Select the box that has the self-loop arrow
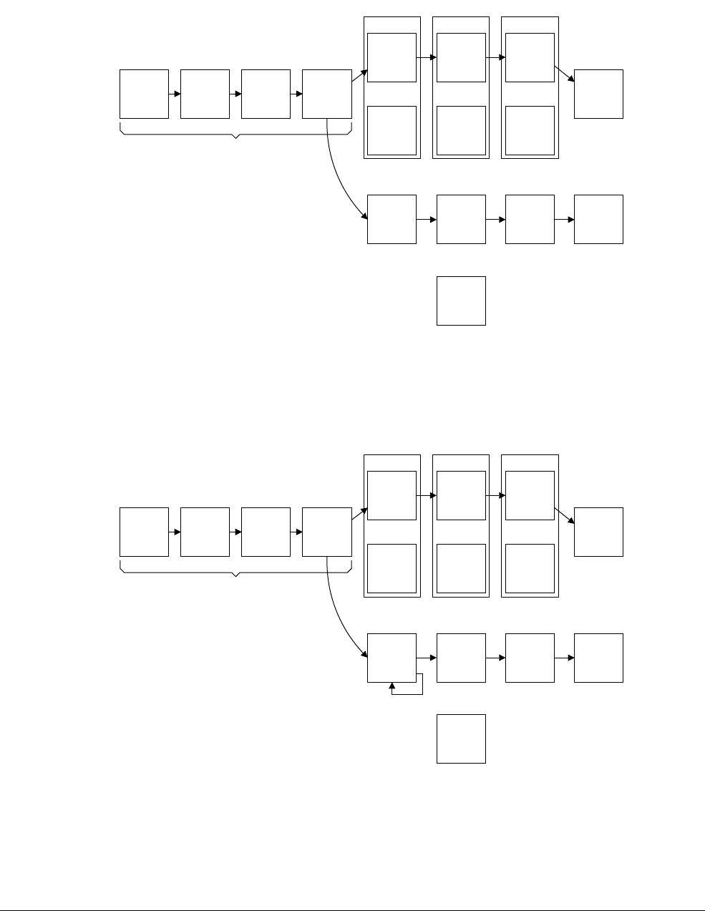click(392, 658)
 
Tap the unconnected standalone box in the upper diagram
click(461, 301)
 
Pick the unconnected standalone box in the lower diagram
click(461, 739)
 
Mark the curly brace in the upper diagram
click(236, 133)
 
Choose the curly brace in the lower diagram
click(236, 571)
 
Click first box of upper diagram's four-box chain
click(144, 94)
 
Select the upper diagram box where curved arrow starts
click(327, 94)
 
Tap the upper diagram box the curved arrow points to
click(392, 219)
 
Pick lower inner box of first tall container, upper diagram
click(392, 130)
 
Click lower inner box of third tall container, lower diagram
click(530, 568)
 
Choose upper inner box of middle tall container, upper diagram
click(461, 57)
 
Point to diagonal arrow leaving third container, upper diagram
click(564, 74)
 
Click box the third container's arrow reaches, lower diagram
click(598, 532)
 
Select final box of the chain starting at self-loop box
click(598, 658)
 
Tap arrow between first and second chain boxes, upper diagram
click(175, 94)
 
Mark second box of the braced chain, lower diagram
click(205, 532)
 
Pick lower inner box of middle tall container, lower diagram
click(461, 568)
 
